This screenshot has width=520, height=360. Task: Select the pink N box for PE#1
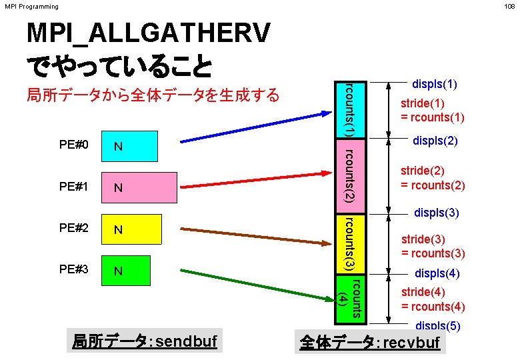pyautogui.click(x=139, y=187)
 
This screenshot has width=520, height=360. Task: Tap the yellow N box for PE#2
pyautogui.click(x=131, y=230)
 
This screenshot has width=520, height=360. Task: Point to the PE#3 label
pyautogui.click(x=74, y=269)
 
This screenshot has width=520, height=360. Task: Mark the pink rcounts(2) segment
pyautogui.click(x=349, y=175)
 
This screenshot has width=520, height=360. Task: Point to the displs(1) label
pyautogui.click(x=435, y=85)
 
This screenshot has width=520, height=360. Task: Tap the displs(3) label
pyautogui.click(x=436, y=213)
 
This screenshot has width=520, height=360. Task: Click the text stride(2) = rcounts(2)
pyautogui.click(x=433, y=178)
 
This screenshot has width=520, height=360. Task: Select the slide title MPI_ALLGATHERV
pyautogui.click(x=148, y=33)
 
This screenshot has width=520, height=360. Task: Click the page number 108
pyautogui.click(x=510, y=7)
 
